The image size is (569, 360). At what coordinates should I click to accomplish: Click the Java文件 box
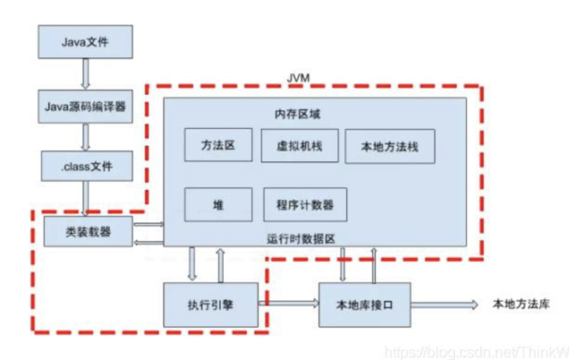[x=85, y=42]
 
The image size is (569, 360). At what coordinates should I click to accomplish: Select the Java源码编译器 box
[x=85, y=106]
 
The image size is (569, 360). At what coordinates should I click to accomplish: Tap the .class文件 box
[x=87, y=166]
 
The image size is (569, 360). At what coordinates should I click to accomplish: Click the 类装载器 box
[x=88, y=231]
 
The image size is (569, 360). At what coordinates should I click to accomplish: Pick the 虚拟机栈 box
[x=299, y=145]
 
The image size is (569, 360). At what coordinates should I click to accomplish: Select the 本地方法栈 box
[x=390, y=147]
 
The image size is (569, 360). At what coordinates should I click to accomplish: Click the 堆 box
[x=218, y=204]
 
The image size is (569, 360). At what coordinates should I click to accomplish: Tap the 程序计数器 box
[x=305, y=204]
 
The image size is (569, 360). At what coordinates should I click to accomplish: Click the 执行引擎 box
[x=211, y=304]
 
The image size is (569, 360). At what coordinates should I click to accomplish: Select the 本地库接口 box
[x=364, y=305]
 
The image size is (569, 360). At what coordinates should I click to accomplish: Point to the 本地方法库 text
[x=521, y=304]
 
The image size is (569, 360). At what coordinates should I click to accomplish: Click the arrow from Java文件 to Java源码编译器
[x=85, y=73]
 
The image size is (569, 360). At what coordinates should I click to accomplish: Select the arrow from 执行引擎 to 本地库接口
[x=288, y=303]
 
